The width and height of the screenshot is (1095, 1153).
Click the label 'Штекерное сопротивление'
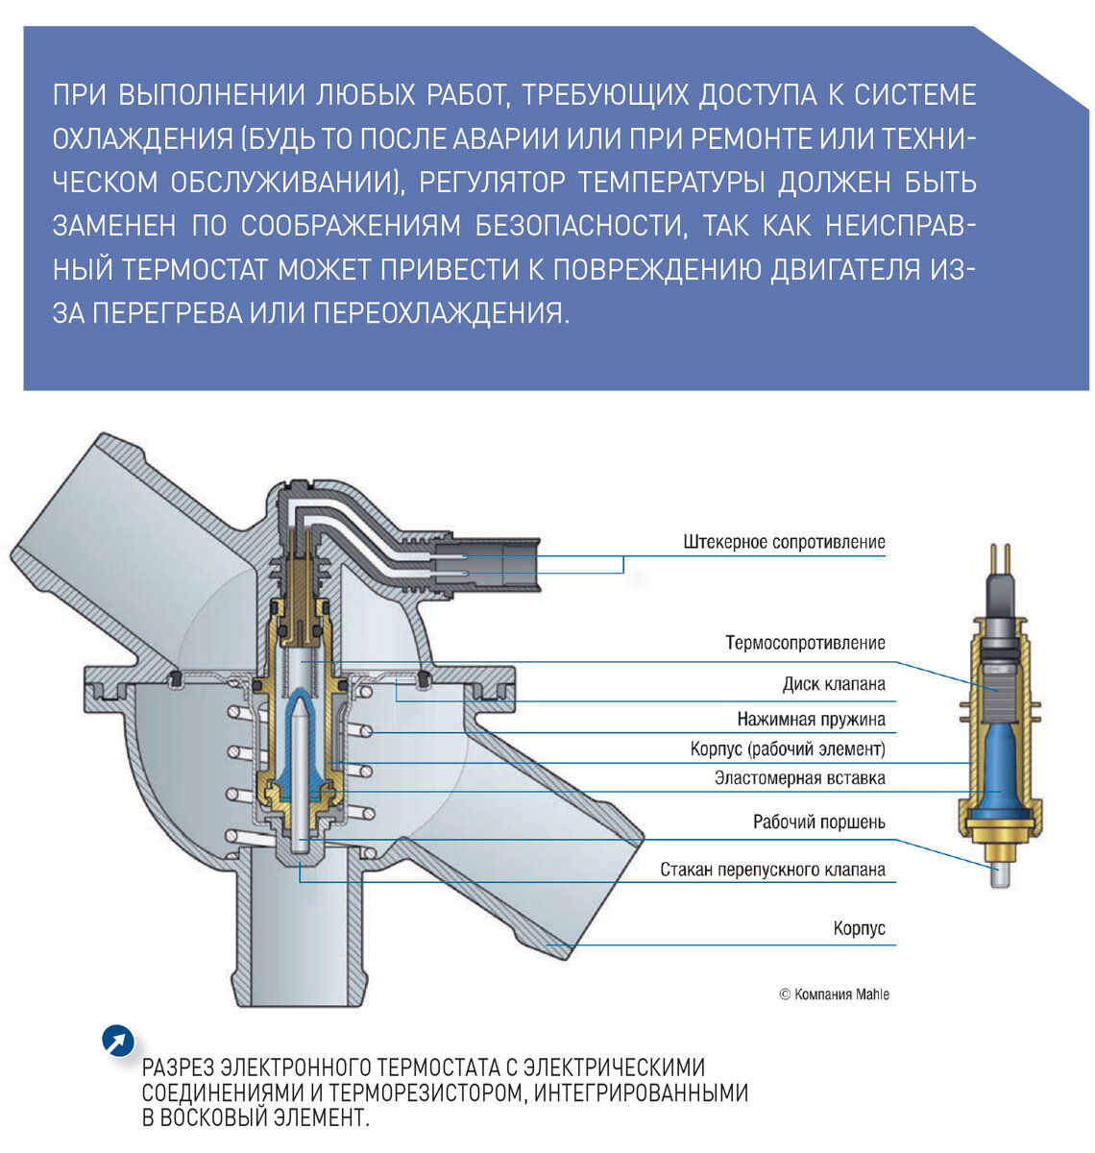[x=784, y=542]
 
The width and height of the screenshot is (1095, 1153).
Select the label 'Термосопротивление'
[x=805, y=643]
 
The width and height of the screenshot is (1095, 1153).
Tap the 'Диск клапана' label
[x=833, y=684]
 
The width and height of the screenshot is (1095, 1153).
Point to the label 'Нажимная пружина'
[x=811, y=719]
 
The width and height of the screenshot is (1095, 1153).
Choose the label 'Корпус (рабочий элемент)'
[x=788, y=748]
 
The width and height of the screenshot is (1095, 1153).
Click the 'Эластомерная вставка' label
[x=799, y=778]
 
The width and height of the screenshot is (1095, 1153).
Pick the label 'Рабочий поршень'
[x=818, y=822]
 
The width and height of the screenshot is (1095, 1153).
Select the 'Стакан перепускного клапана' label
[x=772, y=871]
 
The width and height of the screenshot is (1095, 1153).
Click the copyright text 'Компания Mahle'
[x=834, y=994]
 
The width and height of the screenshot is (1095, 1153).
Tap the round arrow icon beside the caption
[x=117, y=1041]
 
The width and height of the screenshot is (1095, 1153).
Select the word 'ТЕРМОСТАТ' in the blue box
[x=197, y=270]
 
